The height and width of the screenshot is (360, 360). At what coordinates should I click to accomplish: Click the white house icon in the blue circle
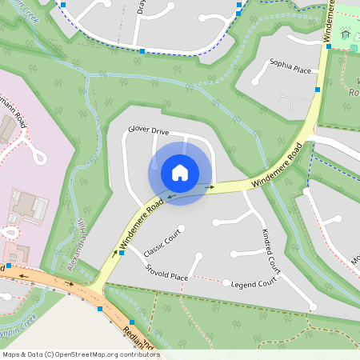[180, 172]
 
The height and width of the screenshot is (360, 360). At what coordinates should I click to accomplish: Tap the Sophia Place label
[290, 68]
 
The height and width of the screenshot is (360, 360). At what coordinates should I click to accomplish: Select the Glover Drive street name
[149, 130]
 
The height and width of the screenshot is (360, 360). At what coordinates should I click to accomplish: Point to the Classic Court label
[164, 242]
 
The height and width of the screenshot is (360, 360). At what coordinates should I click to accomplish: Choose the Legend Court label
[254, 283]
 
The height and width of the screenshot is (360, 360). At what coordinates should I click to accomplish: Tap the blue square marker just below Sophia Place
[318, 90]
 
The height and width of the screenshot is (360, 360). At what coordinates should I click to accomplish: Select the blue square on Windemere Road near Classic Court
[122, 253]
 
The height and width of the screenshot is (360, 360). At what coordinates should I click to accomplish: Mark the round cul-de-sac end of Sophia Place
[255, 81]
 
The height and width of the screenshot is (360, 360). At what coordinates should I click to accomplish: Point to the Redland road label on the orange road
[138, 337]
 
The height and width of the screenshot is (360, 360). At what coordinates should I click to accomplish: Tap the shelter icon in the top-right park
[346, 33]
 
